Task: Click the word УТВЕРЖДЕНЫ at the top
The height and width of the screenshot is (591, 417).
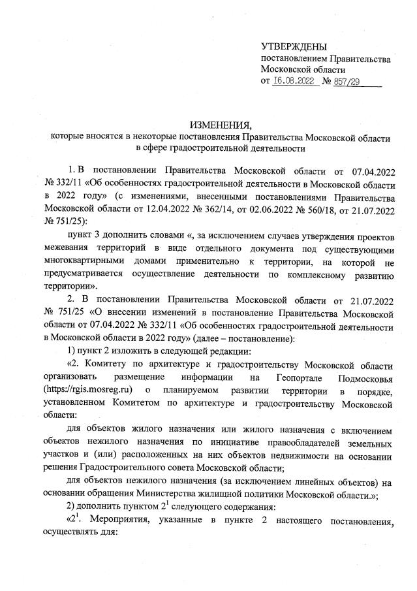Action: click(293, 46)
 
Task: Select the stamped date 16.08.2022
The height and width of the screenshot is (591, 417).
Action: click(294, 82)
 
